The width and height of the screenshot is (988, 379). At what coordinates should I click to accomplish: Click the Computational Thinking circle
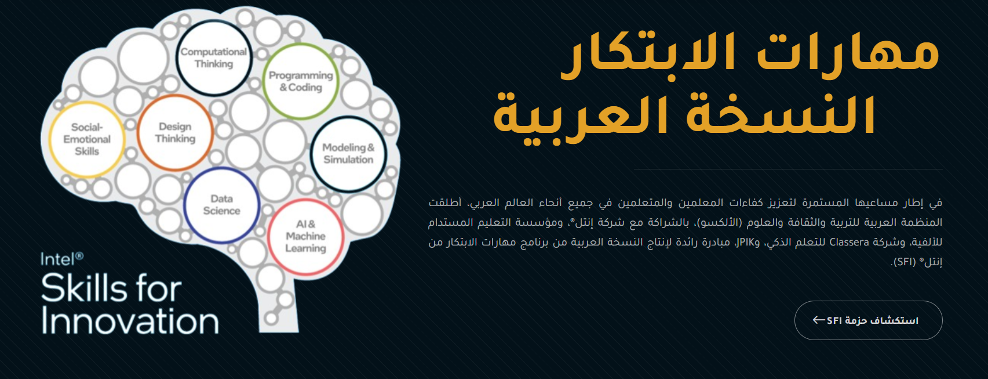214,58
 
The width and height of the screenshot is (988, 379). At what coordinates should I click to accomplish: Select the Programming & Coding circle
301,81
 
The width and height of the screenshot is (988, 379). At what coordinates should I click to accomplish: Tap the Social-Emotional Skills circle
87,139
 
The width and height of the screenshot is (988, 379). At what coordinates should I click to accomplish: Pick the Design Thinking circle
175,132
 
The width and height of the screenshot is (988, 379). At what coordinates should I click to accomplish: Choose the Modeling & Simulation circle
348,154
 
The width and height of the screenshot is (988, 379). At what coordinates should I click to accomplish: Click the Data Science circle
221,205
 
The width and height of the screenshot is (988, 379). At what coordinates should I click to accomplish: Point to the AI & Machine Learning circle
305,236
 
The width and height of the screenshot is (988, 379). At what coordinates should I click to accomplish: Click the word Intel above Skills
57,259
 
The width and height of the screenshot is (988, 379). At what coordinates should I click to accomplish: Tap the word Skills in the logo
82,288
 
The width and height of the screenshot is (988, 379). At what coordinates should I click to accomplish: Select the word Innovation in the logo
130,320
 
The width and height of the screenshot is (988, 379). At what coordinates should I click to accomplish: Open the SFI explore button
868,320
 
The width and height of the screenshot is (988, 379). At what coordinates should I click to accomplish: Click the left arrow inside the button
819,320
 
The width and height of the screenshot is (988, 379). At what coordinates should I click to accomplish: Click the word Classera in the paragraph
849,243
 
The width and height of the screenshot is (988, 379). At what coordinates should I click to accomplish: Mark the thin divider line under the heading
788,169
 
